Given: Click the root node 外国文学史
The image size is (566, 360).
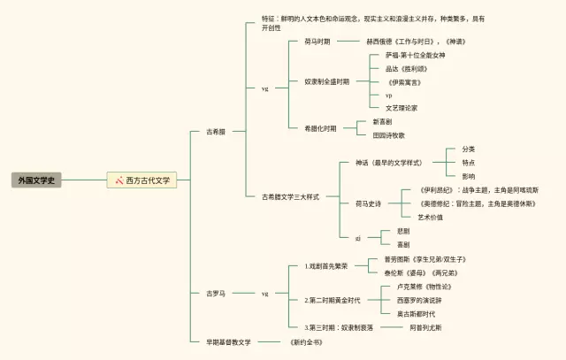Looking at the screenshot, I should (37, 180).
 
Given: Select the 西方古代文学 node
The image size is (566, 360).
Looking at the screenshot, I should (147, 180).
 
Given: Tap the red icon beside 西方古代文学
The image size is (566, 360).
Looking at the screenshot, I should (118, 180).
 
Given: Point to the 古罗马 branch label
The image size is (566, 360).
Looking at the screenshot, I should (216, 293).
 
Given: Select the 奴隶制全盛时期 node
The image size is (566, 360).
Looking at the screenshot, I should (326, 81).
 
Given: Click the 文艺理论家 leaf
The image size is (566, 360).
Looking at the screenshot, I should (402, 108).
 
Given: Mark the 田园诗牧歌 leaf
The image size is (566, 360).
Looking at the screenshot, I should (389, 135).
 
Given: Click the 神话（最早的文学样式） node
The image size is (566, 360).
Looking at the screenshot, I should (387, 163).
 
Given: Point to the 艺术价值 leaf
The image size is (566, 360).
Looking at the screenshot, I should (430, 217).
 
